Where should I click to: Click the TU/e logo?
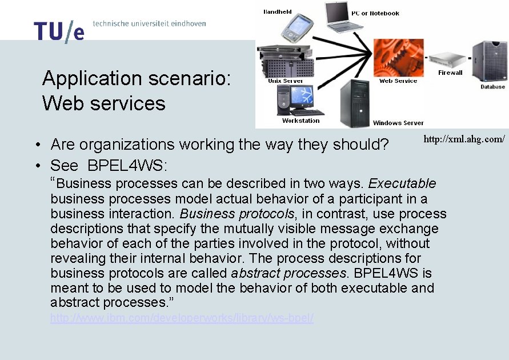coord(59,31)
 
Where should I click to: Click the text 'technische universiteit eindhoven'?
coord(149,23)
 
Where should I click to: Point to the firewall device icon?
coord(447,59)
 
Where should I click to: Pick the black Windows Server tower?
coord(355,103)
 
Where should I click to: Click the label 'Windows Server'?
coord(398,123)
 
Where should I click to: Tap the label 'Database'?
coord(492,87)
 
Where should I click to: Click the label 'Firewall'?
coord(450,73)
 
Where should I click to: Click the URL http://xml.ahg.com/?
coord(464,139)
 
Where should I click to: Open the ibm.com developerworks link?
coord(182,318)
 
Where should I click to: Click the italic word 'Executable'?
coord(402,184)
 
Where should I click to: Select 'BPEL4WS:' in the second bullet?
coord(127,166)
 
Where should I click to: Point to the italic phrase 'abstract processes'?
coord(288,273)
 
